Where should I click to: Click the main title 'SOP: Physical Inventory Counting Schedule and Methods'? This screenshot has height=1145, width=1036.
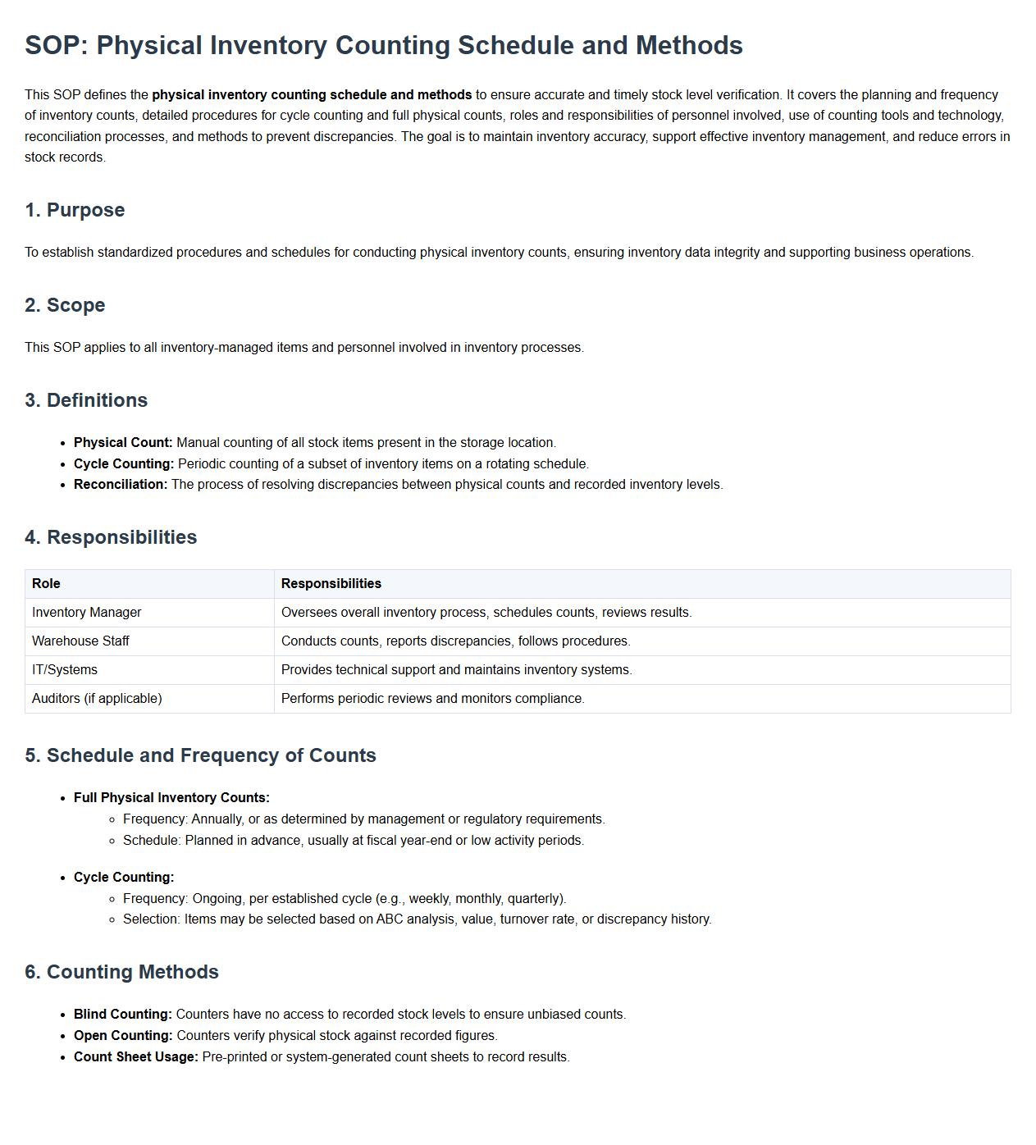pos(383,45)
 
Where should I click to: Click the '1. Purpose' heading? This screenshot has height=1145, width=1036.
pos(75,210)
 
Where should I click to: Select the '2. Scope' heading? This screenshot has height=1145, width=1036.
pos(65,305)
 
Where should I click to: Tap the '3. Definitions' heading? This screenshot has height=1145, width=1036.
pos(86,400)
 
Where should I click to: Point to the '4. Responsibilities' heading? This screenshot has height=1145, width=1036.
pos(111,537)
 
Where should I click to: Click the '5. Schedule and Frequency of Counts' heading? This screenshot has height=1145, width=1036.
pos(200,755)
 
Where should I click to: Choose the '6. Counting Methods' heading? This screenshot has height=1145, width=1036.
pos(121,972)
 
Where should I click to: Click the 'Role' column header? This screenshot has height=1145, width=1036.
pos(46,584)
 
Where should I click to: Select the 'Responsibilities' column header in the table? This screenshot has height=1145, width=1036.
pos(331,584)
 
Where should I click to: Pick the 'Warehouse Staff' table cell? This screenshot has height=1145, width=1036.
pos(80,641)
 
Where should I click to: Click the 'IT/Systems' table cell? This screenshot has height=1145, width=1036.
pos(64,670)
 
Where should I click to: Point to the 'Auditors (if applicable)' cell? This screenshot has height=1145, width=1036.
pos(97,699)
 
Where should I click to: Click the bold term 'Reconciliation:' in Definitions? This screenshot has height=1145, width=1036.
pos(121,485)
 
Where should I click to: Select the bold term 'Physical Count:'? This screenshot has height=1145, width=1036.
pos(123,443)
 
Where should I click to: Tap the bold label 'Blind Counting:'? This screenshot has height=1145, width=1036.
pos(123,1015)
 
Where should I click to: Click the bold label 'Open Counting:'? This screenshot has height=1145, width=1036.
pos(123,1036)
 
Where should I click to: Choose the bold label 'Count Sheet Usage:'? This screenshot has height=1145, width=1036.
pos(136,1057)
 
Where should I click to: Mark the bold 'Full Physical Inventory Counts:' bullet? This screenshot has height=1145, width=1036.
pos(171,798)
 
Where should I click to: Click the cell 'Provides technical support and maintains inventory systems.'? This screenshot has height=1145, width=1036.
pos(456,670)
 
